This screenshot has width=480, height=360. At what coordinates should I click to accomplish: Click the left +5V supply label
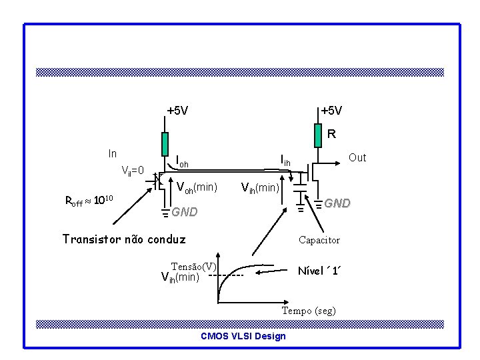coord(177,110)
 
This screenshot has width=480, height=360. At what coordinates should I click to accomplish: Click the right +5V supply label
coord(331,110)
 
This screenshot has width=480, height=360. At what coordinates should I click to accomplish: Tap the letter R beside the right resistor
coord(331,134)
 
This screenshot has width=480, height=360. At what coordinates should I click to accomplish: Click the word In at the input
coord(113,153)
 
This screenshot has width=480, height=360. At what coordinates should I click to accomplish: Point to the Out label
coord(357,157)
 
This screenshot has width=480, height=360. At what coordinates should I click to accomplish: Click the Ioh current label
coord(181,161)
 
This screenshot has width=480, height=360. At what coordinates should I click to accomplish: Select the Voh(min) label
coord(197,187)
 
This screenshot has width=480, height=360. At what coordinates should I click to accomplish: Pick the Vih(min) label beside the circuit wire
coord(259,187)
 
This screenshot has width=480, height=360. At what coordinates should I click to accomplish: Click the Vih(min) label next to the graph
coord(181,277)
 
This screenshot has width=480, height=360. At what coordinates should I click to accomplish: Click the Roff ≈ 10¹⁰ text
coord(91,200)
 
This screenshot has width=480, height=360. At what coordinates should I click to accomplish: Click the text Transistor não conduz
coord(123,239)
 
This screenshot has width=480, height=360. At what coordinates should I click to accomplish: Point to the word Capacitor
coord(319,240)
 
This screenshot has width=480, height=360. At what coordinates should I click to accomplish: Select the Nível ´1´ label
coord(320,271)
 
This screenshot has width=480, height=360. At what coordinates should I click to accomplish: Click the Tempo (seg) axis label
coord(309,311)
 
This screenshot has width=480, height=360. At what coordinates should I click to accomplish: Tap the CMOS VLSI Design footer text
coord(243,336)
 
